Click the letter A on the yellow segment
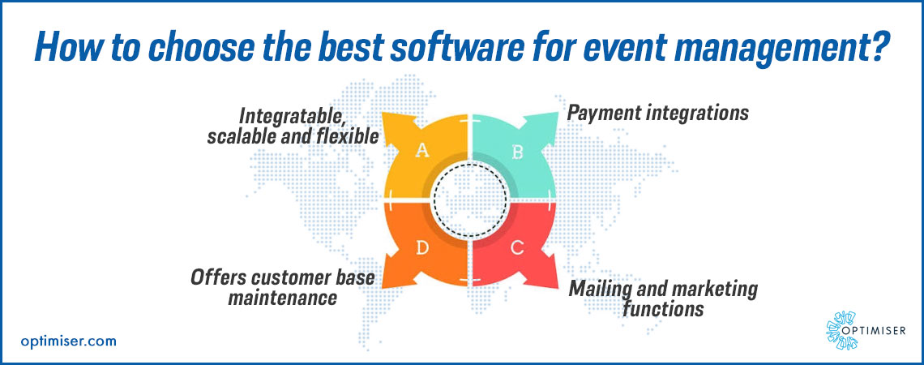click(x=422, y=152)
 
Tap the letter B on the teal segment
click(x=517, y=152)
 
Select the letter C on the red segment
click(x=516, y=247)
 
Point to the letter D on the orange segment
click(x=422, y=247)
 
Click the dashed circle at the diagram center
click(x=468, y=201)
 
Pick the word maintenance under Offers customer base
click(x=282, y=298)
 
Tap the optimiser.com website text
click(x=68, y=341)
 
